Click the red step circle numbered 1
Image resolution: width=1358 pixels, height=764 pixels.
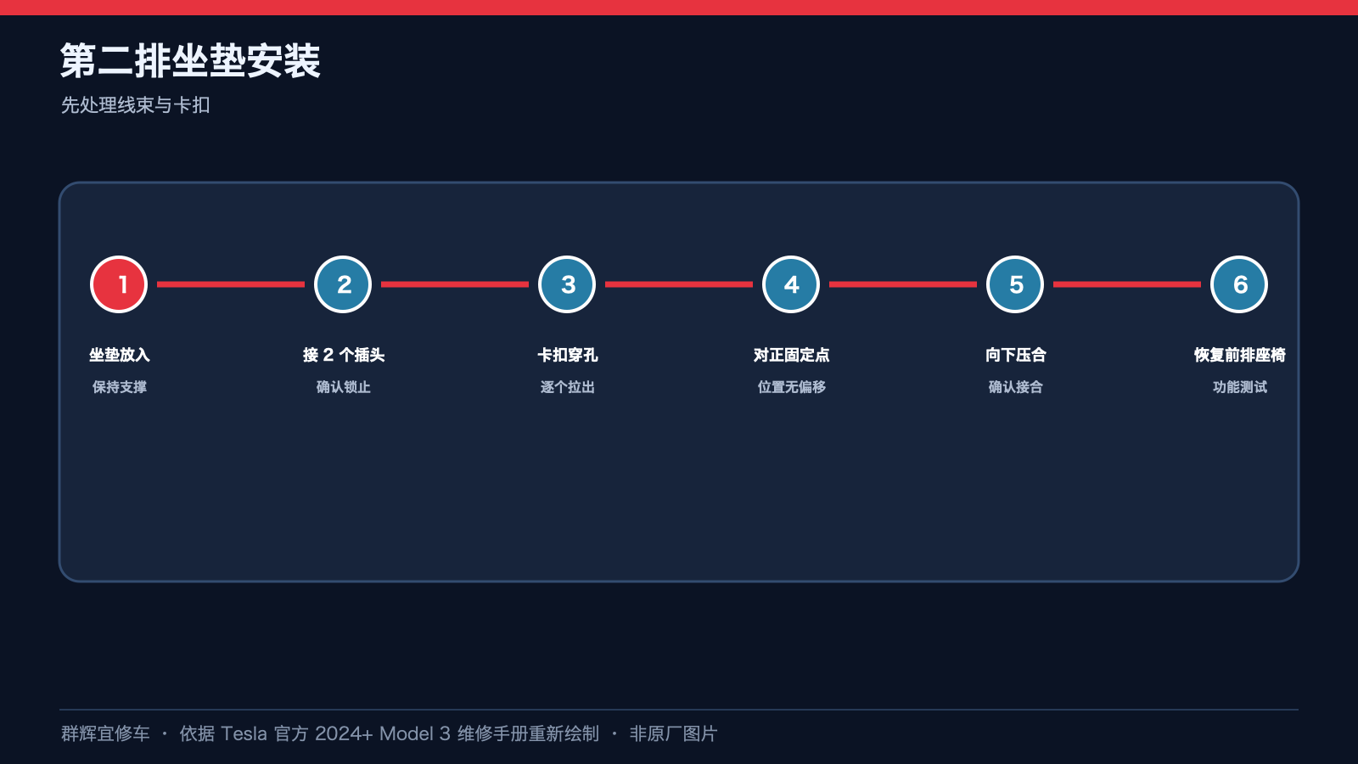click(119, 284)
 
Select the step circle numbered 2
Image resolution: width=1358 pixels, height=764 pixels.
click(343, 284)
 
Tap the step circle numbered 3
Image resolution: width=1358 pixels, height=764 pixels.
click(567, 284)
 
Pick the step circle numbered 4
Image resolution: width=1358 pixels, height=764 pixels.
click(790, 284)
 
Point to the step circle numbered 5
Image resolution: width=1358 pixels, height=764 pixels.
click(1015, 284)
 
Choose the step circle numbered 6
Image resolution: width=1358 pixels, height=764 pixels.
click(1238, 284)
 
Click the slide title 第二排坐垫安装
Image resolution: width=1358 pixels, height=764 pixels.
click(190, 60)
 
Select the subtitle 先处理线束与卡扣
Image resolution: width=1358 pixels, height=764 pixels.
click(135, 105)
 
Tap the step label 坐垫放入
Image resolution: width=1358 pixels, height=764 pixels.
click(120, 355)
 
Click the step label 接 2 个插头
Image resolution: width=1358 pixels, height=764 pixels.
click(344, 355)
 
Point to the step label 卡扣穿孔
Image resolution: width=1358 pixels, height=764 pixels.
click(568, 355)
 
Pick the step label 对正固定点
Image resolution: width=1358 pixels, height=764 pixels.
click(791, 355)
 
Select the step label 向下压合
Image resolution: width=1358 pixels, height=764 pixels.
click(1015, 355)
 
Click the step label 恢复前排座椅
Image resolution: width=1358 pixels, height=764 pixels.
click(1240, 355)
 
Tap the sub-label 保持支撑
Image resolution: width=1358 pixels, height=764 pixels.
click(120, 387)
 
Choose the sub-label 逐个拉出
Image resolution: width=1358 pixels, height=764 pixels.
click(568, 387)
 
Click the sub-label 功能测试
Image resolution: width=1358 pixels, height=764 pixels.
click(1240, 387)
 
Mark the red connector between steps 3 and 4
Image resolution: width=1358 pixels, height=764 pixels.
click(679, 284)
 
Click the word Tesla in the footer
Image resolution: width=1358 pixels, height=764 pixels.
click(244, 733)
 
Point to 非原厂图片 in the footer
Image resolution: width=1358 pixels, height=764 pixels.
click(674, 733)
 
